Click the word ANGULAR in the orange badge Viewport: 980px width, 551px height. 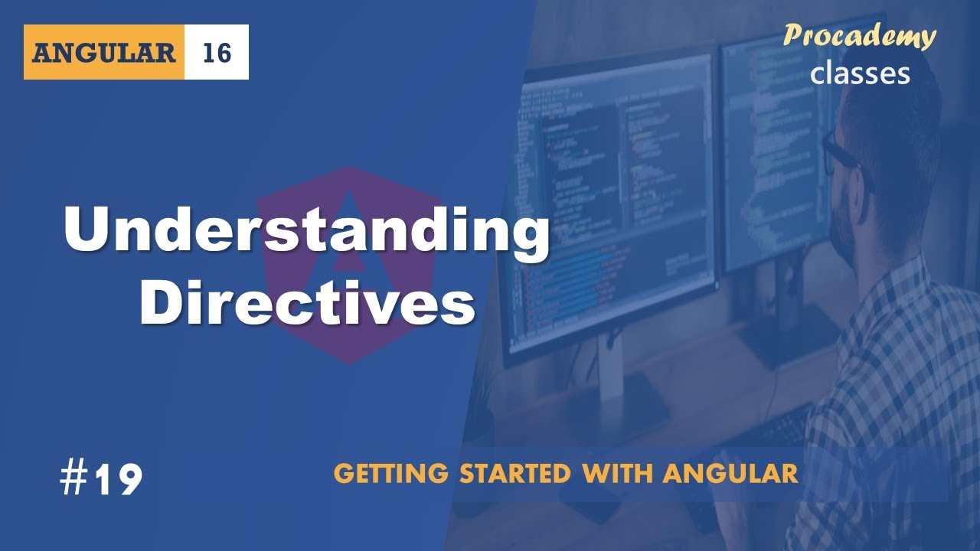coord(104,53)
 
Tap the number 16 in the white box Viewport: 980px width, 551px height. coord(217,53)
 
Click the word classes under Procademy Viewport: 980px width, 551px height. coord(860,73)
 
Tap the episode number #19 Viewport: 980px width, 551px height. coord(101,479)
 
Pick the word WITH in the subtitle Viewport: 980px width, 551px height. coord(619,474)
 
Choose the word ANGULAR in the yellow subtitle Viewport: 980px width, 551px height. coord(730,474)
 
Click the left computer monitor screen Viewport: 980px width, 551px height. coord(612,191)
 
